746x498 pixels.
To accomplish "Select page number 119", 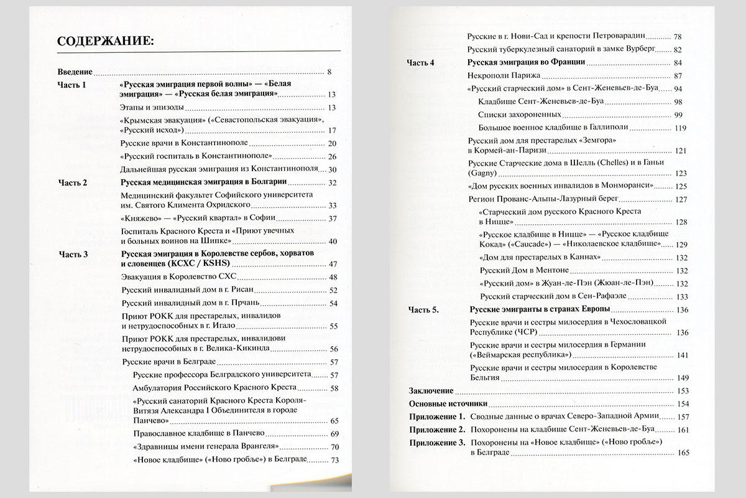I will click(680, 128).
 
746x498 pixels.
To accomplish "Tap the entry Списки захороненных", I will click(520, 115).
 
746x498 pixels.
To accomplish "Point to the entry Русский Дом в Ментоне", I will click(524, 270).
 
